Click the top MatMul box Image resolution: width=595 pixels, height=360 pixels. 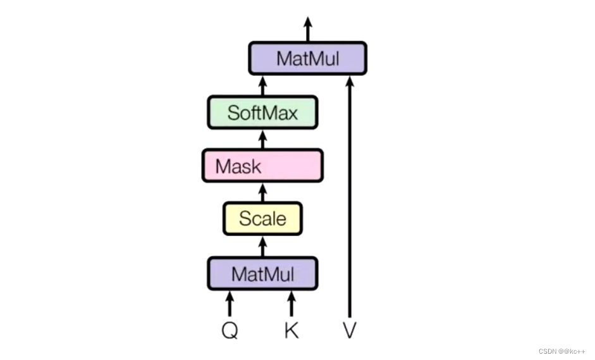(307, 59)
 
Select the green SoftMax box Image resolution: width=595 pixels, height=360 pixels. (262, 113)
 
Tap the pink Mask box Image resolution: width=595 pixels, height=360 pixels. (262, 166)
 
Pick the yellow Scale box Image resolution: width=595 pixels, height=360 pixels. (262, 219)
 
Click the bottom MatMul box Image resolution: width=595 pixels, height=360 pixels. (262, 273)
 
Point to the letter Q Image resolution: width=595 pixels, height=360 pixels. (230, 330)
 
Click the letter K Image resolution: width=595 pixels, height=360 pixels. (291, 330)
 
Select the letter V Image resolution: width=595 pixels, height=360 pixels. (349, 330)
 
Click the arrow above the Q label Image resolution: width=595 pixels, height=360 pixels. (230, 303)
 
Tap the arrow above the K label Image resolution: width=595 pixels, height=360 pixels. (291, 303)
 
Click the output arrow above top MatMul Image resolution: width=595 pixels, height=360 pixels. (308, 28)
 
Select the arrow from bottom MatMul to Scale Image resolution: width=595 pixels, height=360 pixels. (262, 245)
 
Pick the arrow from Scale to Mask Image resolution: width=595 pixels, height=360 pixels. (262, 192)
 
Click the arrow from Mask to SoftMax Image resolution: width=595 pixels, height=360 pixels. (262, 139)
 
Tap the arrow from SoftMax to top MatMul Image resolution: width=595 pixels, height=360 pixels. (262, 85)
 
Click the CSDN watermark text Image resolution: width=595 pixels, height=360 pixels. (562, 351)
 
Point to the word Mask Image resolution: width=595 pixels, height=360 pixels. (238, 166)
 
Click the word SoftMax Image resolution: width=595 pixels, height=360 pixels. (262, 113)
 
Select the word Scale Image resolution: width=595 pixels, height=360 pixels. (262, 219)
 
